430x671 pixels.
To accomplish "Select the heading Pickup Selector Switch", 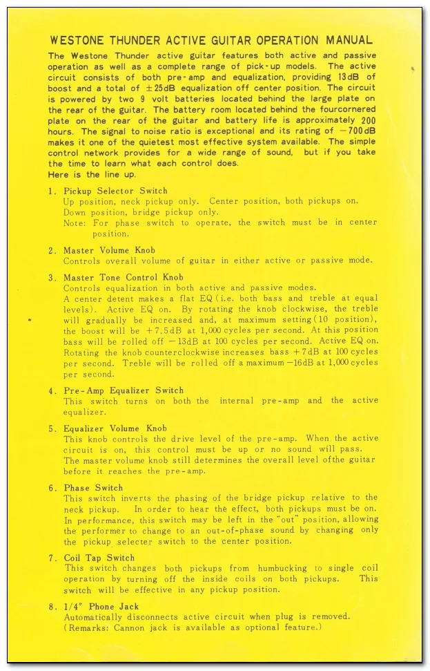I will coord(115,191).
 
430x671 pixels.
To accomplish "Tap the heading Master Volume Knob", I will coord(109,250).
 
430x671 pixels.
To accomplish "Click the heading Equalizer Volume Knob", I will coord(115,428).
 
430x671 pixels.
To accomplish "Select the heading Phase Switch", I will coord(93,488).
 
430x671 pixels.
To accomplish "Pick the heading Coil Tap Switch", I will coord(99,558).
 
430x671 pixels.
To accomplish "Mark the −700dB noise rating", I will coord(358,131).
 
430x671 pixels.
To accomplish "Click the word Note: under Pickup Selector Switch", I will coord(75,223).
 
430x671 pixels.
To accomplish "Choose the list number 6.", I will coord(52,488).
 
